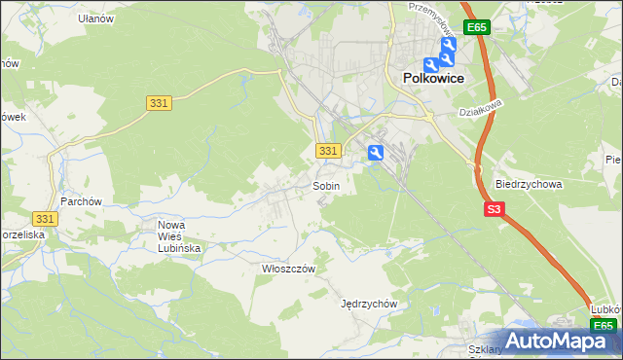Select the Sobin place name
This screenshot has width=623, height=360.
326,186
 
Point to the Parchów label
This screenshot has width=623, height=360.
81,201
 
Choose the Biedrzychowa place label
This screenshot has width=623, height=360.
530,184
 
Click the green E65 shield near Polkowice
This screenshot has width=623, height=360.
476,27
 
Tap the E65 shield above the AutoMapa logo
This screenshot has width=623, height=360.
604,326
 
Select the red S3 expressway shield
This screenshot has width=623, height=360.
495,209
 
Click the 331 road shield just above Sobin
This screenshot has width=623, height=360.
328,151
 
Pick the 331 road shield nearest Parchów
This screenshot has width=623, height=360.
44,220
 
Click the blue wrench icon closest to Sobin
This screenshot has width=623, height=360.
376,152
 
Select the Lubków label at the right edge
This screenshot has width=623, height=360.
606,309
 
